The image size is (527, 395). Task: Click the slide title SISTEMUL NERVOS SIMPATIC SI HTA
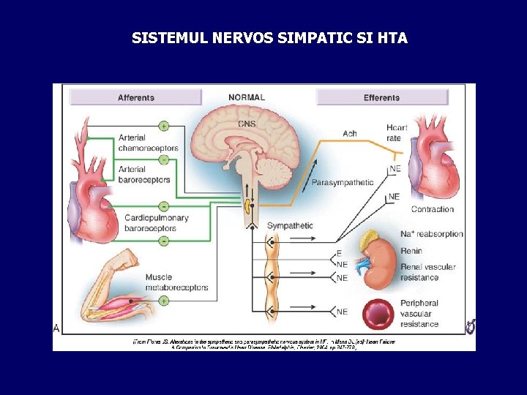[269, 37]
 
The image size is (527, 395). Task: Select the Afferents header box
[135, 97]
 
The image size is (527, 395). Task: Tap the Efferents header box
[381, 97]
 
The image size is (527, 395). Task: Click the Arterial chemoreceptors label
[148, 143]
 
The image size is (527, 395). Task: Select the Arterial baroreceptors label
[144, 175]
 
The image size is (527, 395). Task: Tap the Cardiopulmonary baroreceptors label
[156, 222]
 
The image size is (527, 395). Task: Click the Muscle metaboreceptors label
[176, 282]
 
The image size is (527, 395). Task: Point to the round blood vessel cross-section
[381, 312]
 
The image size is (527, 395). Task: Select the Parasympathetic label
[343, 182]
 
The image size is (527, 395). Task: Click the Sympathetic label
[289, 225]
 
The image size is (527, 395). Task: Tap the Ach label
[350, 133]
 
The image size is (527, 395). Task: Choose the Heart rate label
[397, 133]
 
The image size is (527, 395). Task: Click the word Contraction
[432, 209]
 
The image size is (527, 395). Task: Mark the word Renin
[411, 251]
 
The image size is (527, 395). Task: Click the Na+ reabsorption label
[432, 234]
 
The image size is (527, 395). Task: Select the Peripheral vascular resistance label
[419, 313]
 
